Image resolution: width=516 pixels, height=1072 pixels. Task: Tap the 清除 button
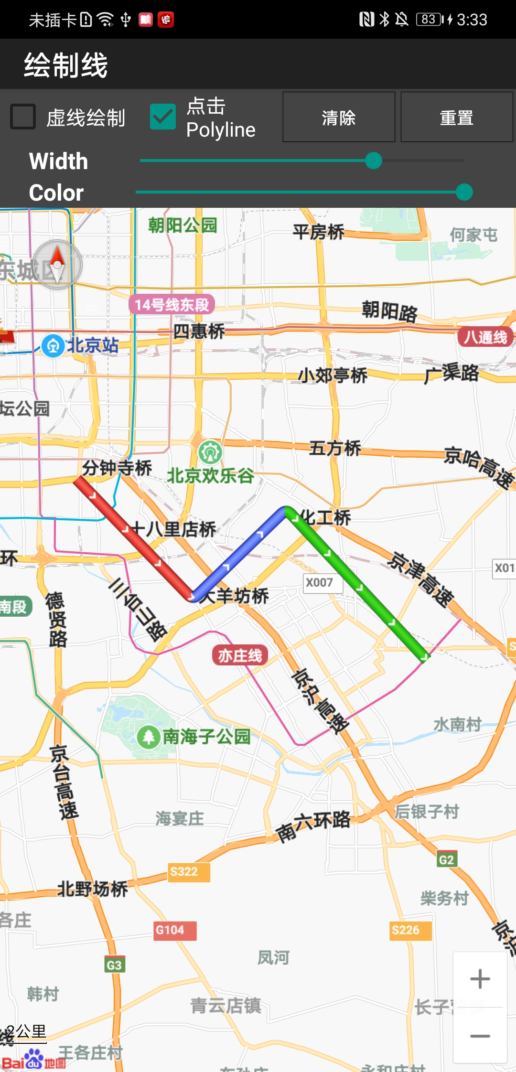point(339,117)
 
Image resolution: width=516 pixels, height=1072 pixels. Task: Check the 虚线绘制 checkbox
point(23,117)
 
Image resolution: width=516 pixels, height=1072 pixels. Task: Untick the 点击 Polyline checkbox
point(163,117)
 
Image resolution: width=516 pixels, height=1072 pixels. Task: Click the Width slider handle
point(373,161)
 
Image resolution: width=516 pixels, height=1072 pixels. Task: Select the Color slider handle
point(464,192)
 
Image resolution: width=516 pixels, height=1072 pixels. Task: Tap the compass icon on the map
point(58,264)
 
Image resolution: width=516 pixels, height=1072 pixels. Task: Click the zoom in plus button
point(480,979)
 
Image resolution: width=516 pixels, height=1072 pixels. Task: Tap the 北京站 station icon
point(53,345)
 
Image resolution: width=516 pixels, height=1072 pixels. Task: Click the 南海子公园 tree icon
point(149,737)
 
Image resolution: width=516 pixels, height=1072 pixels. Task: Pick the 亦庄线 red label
point(240,655)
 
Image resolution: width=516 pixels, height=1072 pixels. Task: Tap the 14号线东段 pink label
point(172,304)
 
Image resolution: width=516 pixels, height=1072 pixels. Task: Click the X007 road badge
point(320,582)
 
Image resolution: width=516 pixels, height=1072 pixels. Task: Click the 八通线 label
point(485,337)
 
